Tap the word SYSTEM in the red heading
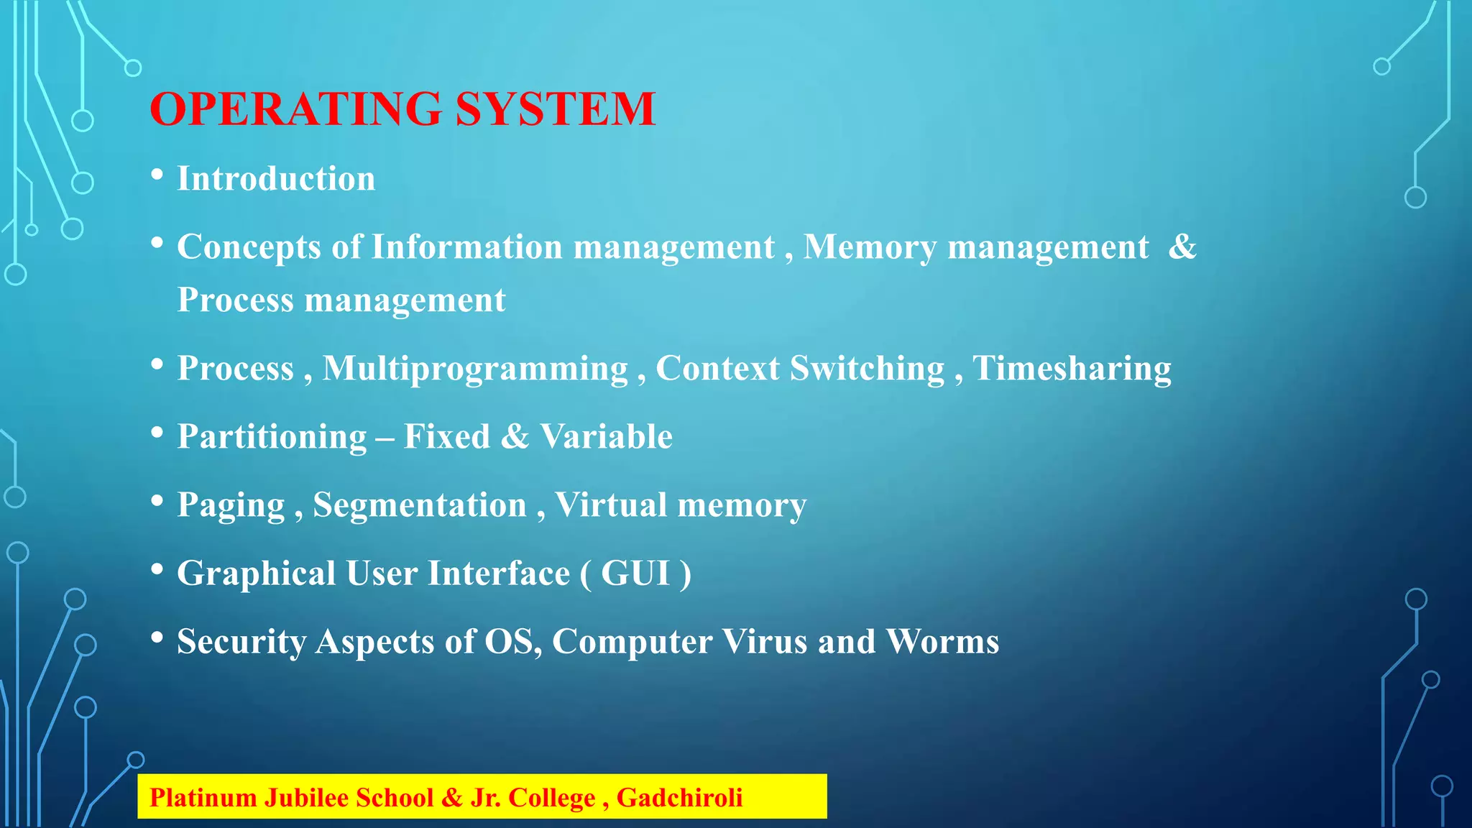coord(555,109)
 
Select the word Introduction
coord(276,178)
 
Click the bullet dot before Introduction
coord(157,175)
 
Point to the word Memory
coord(870,247)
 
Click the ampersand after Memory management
coord(1182,247)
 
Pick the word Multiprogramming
coord(475,369)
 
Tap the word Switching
coord(867,369)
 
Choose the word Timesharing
coord(1072,369)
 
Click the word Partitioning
coord(272,437)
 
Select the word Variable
coord(606,436)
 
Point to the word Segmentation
coord(420,505)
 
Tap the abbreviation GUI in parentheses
coord(635,574)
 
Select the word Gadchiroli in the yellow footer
coord(679,798)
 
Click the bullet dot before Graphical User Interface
coord(157,570)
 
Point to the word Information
coord(466,247)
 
